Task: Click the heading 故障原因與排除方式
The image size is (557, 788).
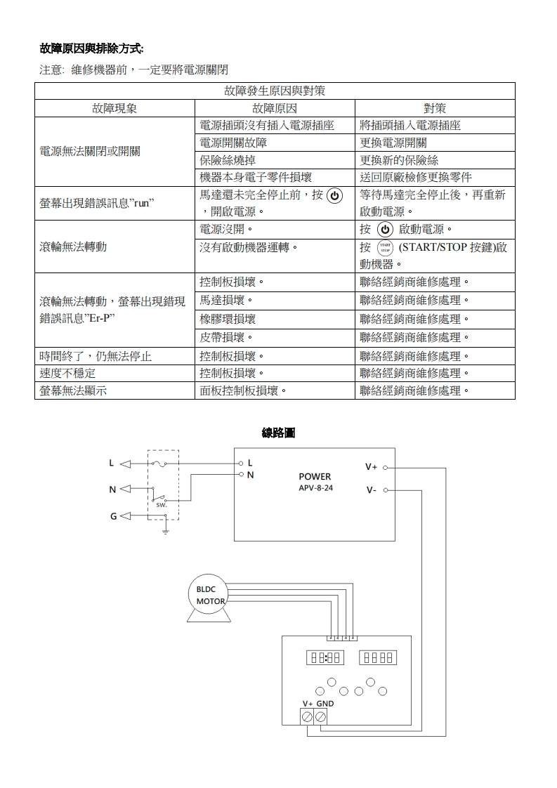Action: pos(91,48)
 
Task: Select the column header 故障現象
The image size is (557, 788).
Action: pos(114,108)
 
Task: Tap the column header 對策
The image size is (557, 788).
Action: pos(435,108)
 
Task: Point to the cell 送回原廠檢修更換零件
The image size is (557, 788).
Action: pos(416,177)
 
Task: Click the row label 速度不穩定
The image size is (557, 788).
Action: pos(67,374)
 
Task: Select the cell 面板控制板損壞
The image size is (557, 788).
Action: pos(243,391)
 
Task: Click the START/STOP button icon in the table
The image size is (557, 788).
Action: pos(384,248)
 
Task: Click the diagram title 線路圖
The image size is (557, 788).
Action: pos(278,433)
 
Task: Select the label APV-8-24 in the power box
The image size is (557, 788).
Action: pos(315,487)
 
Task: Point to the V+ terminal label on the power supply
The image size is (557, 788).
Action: pos(371,467)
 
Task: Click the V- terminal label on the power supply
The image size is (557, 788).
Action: pos(371,490)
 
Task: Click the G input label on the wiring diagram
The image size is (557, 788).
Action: pos(112,517)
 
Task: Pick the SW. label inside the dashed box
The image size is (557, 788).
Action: pos(161,506)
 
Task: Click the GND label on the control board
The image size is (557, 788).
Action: pos(325,703)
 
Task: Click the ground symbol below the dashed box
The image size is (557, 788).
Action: pos(166,532)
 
